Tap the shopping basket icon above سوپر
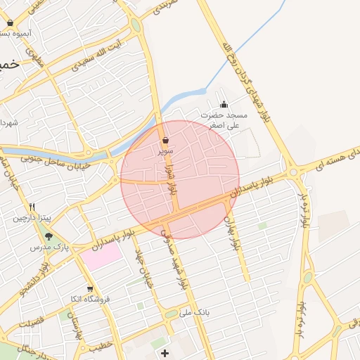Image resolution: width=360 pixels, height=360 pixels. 165,141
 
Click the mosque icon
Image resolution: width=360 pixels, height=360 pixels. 224,105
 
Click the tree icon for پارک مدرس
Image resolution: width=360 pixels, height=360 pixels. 49,236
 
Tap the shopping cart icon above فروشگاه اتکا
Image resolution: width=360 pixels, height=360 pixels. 89,289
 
